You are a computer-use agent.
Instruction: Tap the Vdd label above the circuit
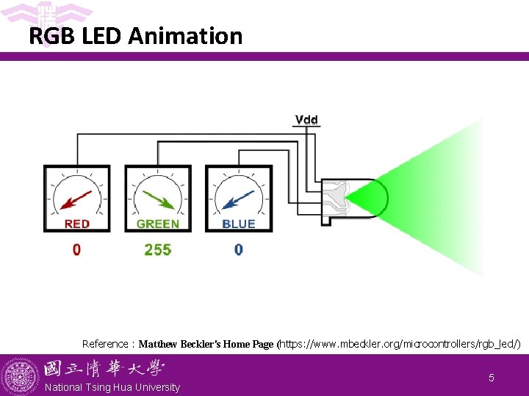tap(306, 120)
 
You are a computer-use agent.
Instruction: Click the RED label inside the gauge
tap(77, 224)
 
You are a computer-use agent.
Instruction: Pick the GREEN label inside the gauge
tap(158, 224)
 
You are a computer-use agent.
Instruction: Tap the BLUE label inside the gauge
tap(239, 224)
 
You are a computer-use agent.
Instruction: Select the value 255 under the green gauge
tap(158, 250)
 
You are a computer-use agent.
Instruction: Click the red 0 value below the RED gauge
tap(77, 250)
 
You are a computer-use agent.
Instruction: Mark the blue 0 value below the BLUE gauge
tap(239, 250)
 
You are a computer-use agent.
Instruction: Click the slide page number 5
tap(492, 378)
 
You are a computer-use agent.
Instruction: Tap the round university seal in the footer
tap(20, 376)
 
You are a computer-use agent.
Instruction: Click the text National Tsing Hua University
tap(112, 387)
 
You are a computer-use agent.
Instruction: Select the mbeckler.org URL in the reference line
tap(400, 343)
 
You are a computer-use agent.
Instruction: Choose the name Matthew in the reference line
tap(158, 343)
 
